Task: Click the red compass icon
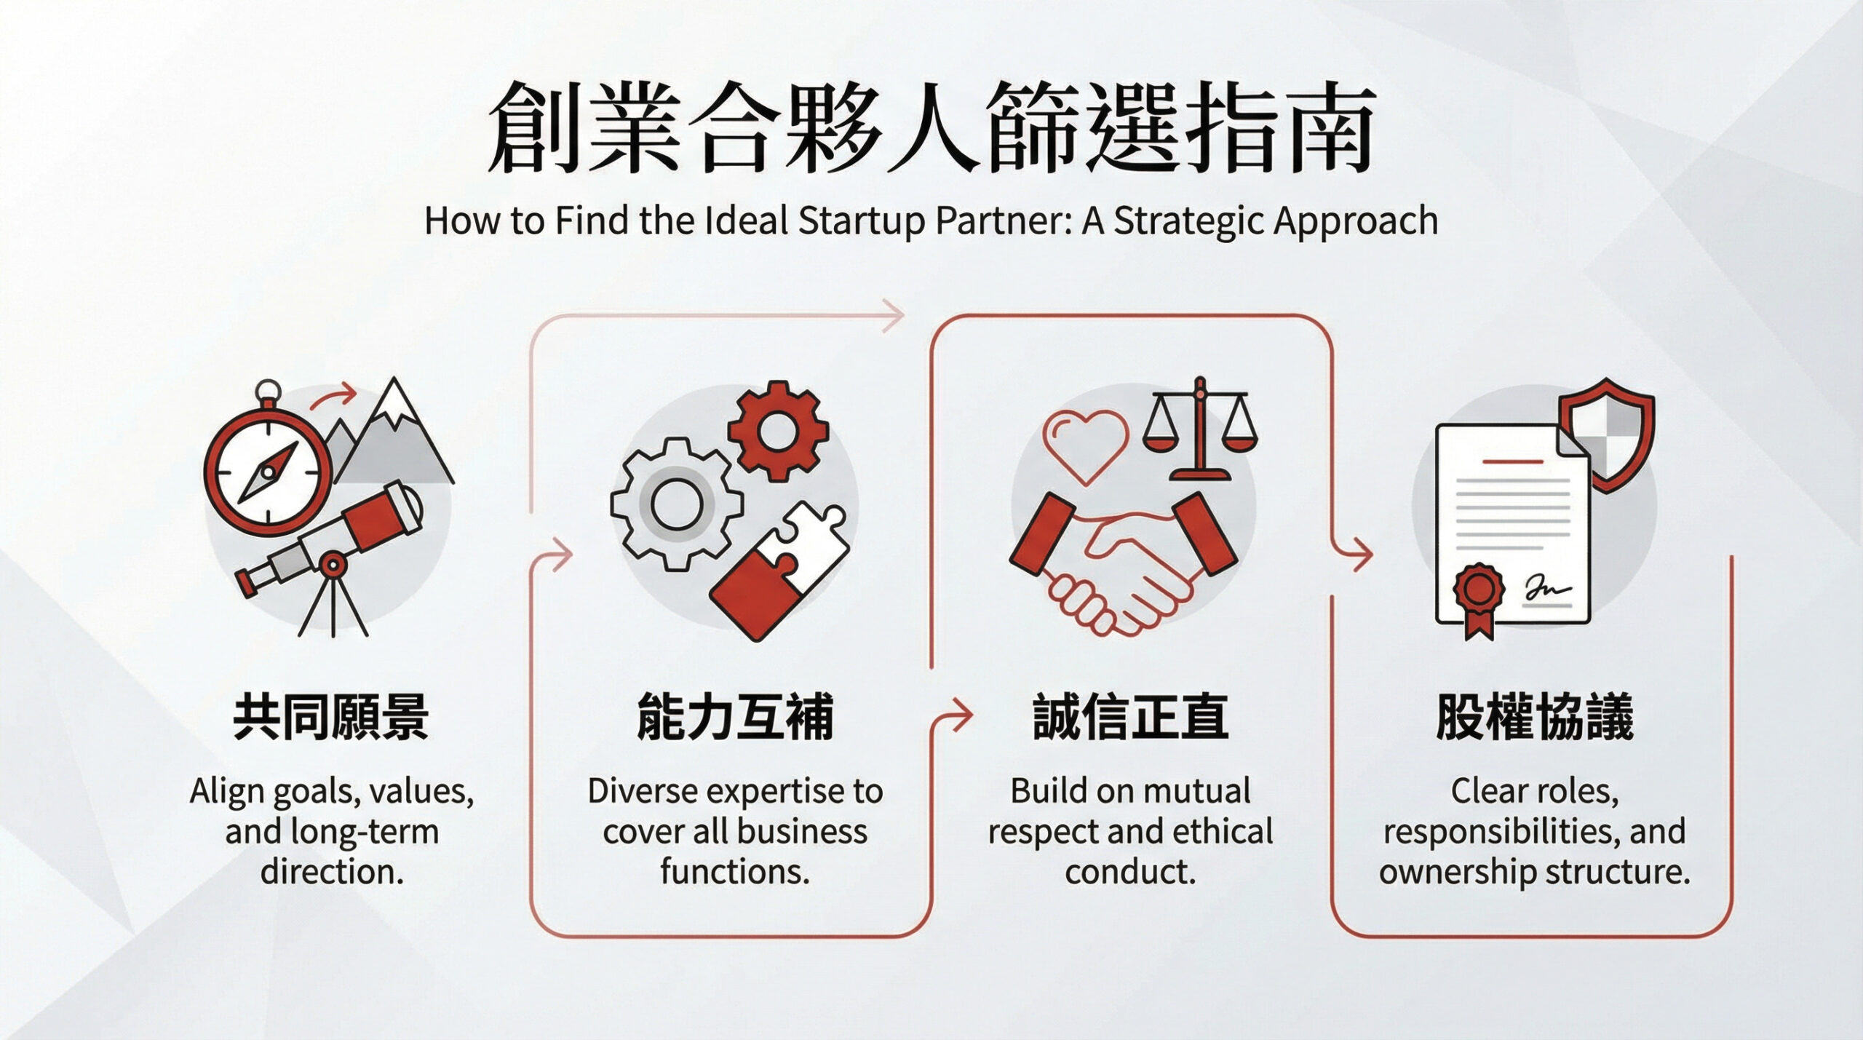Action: (x=268, y=472)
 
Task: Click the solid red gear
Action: (x=777, y=431)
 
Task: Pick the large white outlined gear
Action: (x=676, y=504)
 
